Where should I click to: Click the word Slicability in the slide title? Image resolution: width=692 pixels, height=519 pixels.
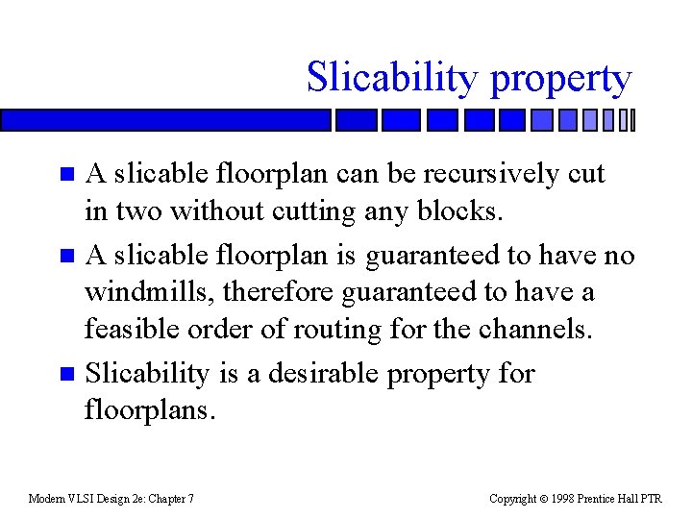[391, 78]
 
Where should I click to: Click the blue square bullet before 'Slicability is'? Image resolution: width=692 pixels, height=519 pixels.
[65, 373]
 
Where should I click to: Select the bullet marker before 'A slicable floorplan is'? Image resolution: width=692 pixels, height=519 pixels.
[65, 257]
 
